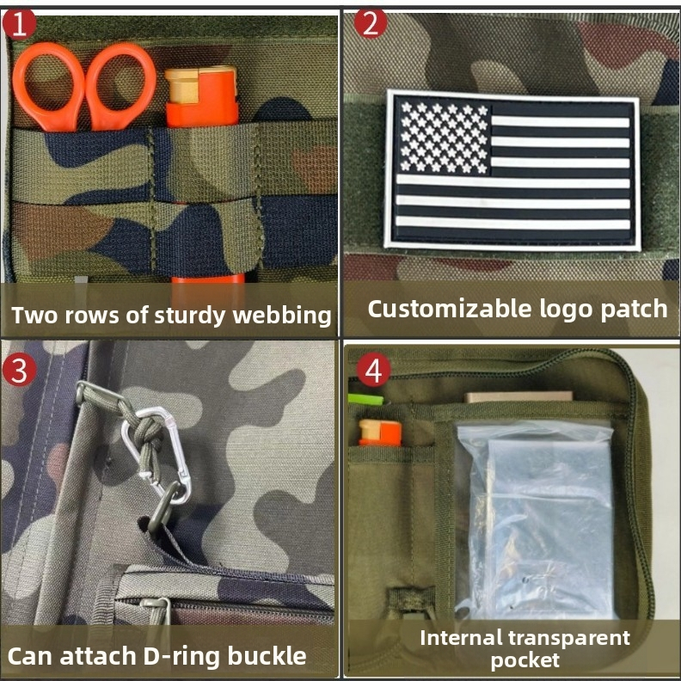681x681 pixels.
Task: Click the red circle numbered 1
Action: (x=18, y=25)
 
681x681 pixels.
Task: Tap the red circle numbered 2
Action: (x=370, y=23)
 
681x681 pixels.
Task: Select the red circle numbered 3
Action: (x=19, y=370)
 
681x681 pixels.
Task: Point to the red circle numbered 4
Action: (x=373, y=371)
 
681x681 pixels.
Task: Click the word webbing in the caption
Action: (x=282, y=316)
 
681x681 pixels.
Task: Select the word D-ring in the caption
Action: (x=181, y=656)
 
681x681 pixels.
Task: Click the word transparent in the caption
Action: (x=569, y=638)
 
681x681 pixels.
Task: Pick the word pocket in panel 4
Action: (x=525, y=660)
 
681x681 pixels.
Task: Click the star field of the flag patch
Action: (x=444, y=138)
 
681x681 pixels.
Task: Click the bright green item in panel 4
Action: (x=365, y=399)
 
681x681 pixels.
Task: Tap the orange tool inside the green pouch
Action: (x=380, y=433)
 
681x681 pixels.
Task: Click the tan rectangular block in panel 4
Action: (x=518, y=396)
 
